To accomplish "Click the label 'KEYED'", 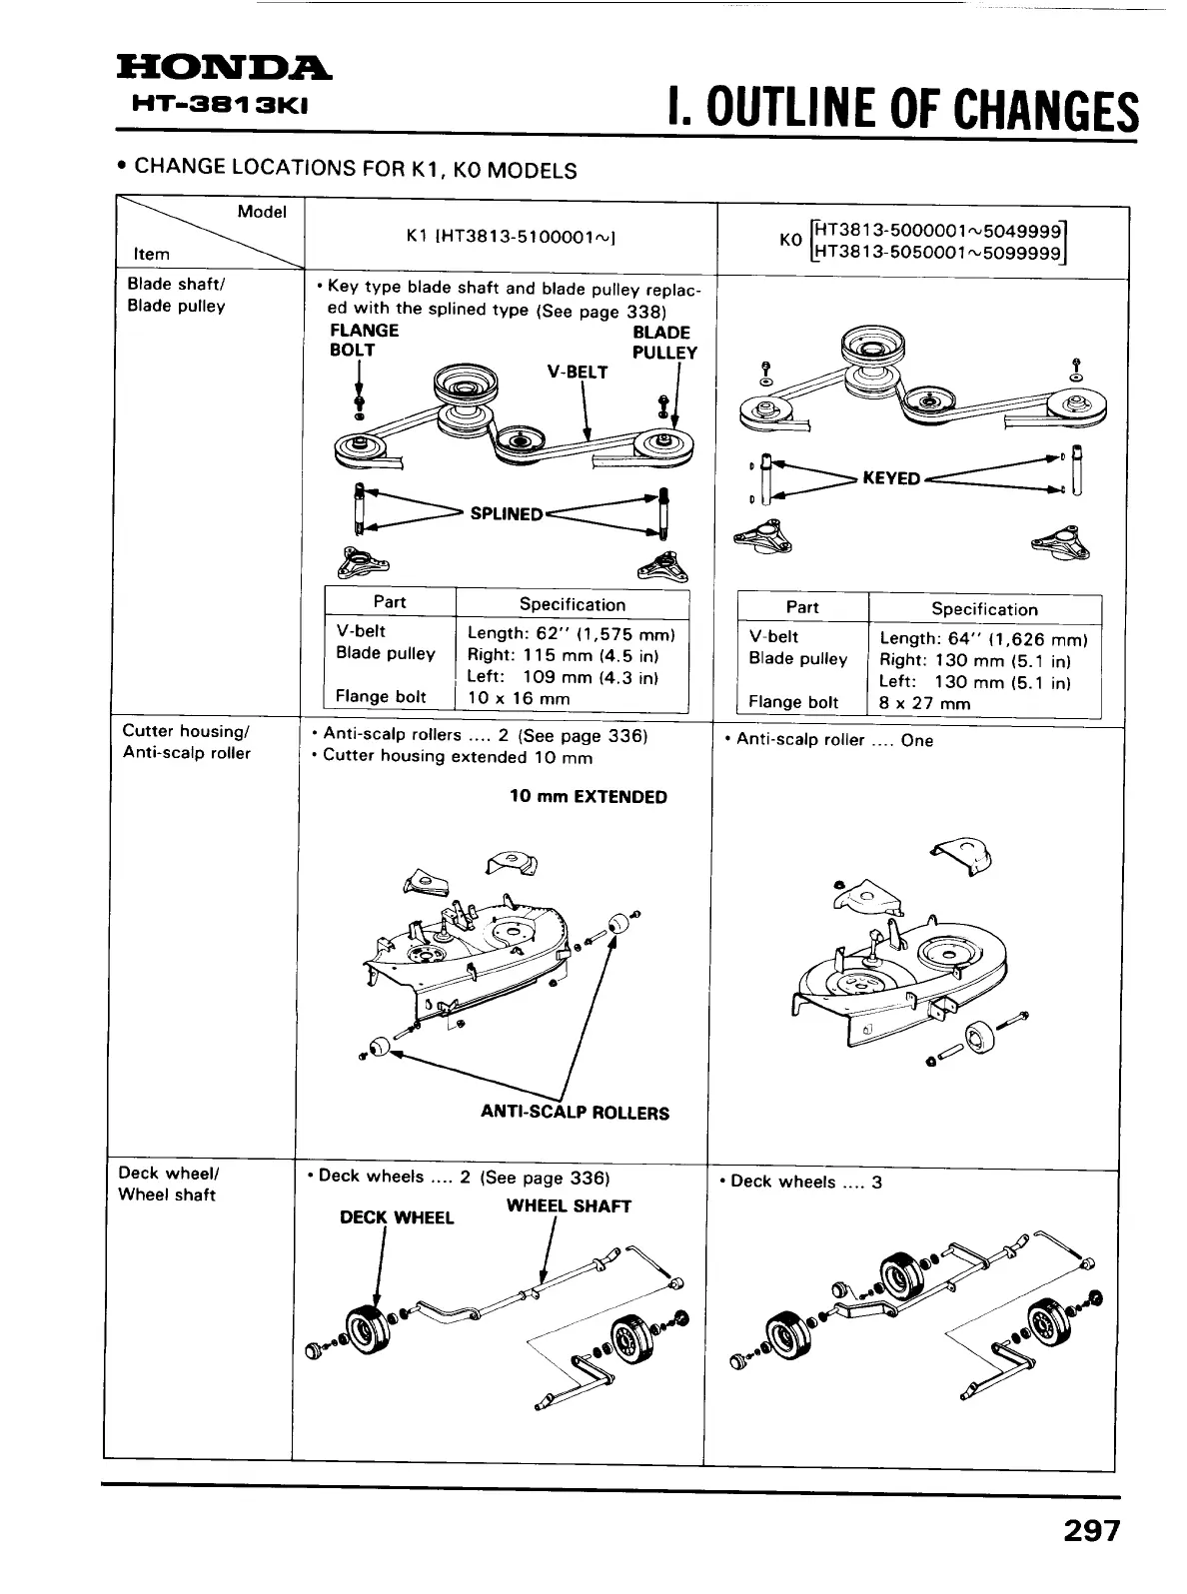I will pos(890,478).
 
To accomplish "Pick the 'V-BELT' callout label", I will pos(578,372).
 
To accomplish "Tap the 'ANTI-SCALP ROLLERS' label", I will pos(575,1113).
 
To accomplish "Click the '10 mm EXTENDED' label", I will pos(588,797).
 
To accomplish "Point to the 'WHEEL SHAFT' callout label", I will pos(569,1205).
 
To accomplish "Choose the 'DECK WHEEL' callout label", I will pos(397,1217).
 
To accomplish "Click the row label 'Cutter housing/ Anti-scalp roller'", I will pos(186,742).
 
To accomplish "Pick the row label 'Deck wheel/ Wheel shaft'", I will pos(167,1184).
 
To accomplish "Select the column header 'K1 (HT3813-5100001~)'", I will pos(510,236).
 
